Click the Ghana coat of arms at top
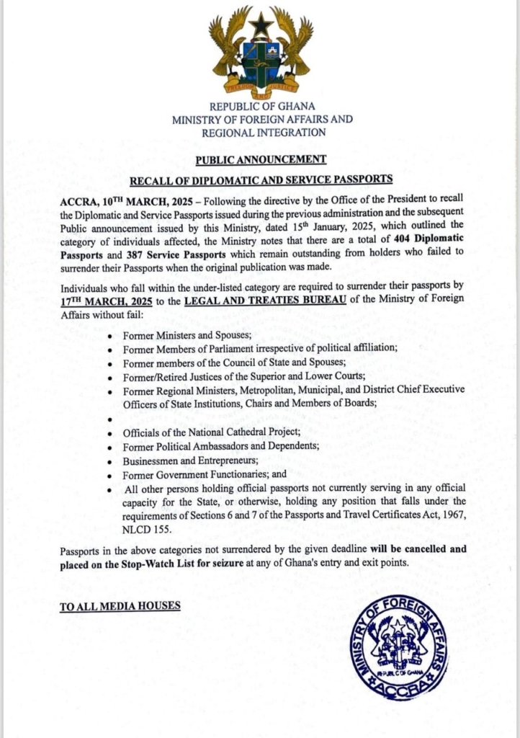261,53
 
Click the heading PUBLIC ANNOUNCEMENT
261,159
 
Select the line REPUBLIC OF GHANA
261,107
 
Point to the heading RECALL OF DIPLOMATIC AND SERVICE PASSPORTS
261,179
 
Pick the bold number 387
125,249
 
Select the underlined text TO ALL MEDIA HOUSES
120,605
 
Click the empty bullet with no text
109,418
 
